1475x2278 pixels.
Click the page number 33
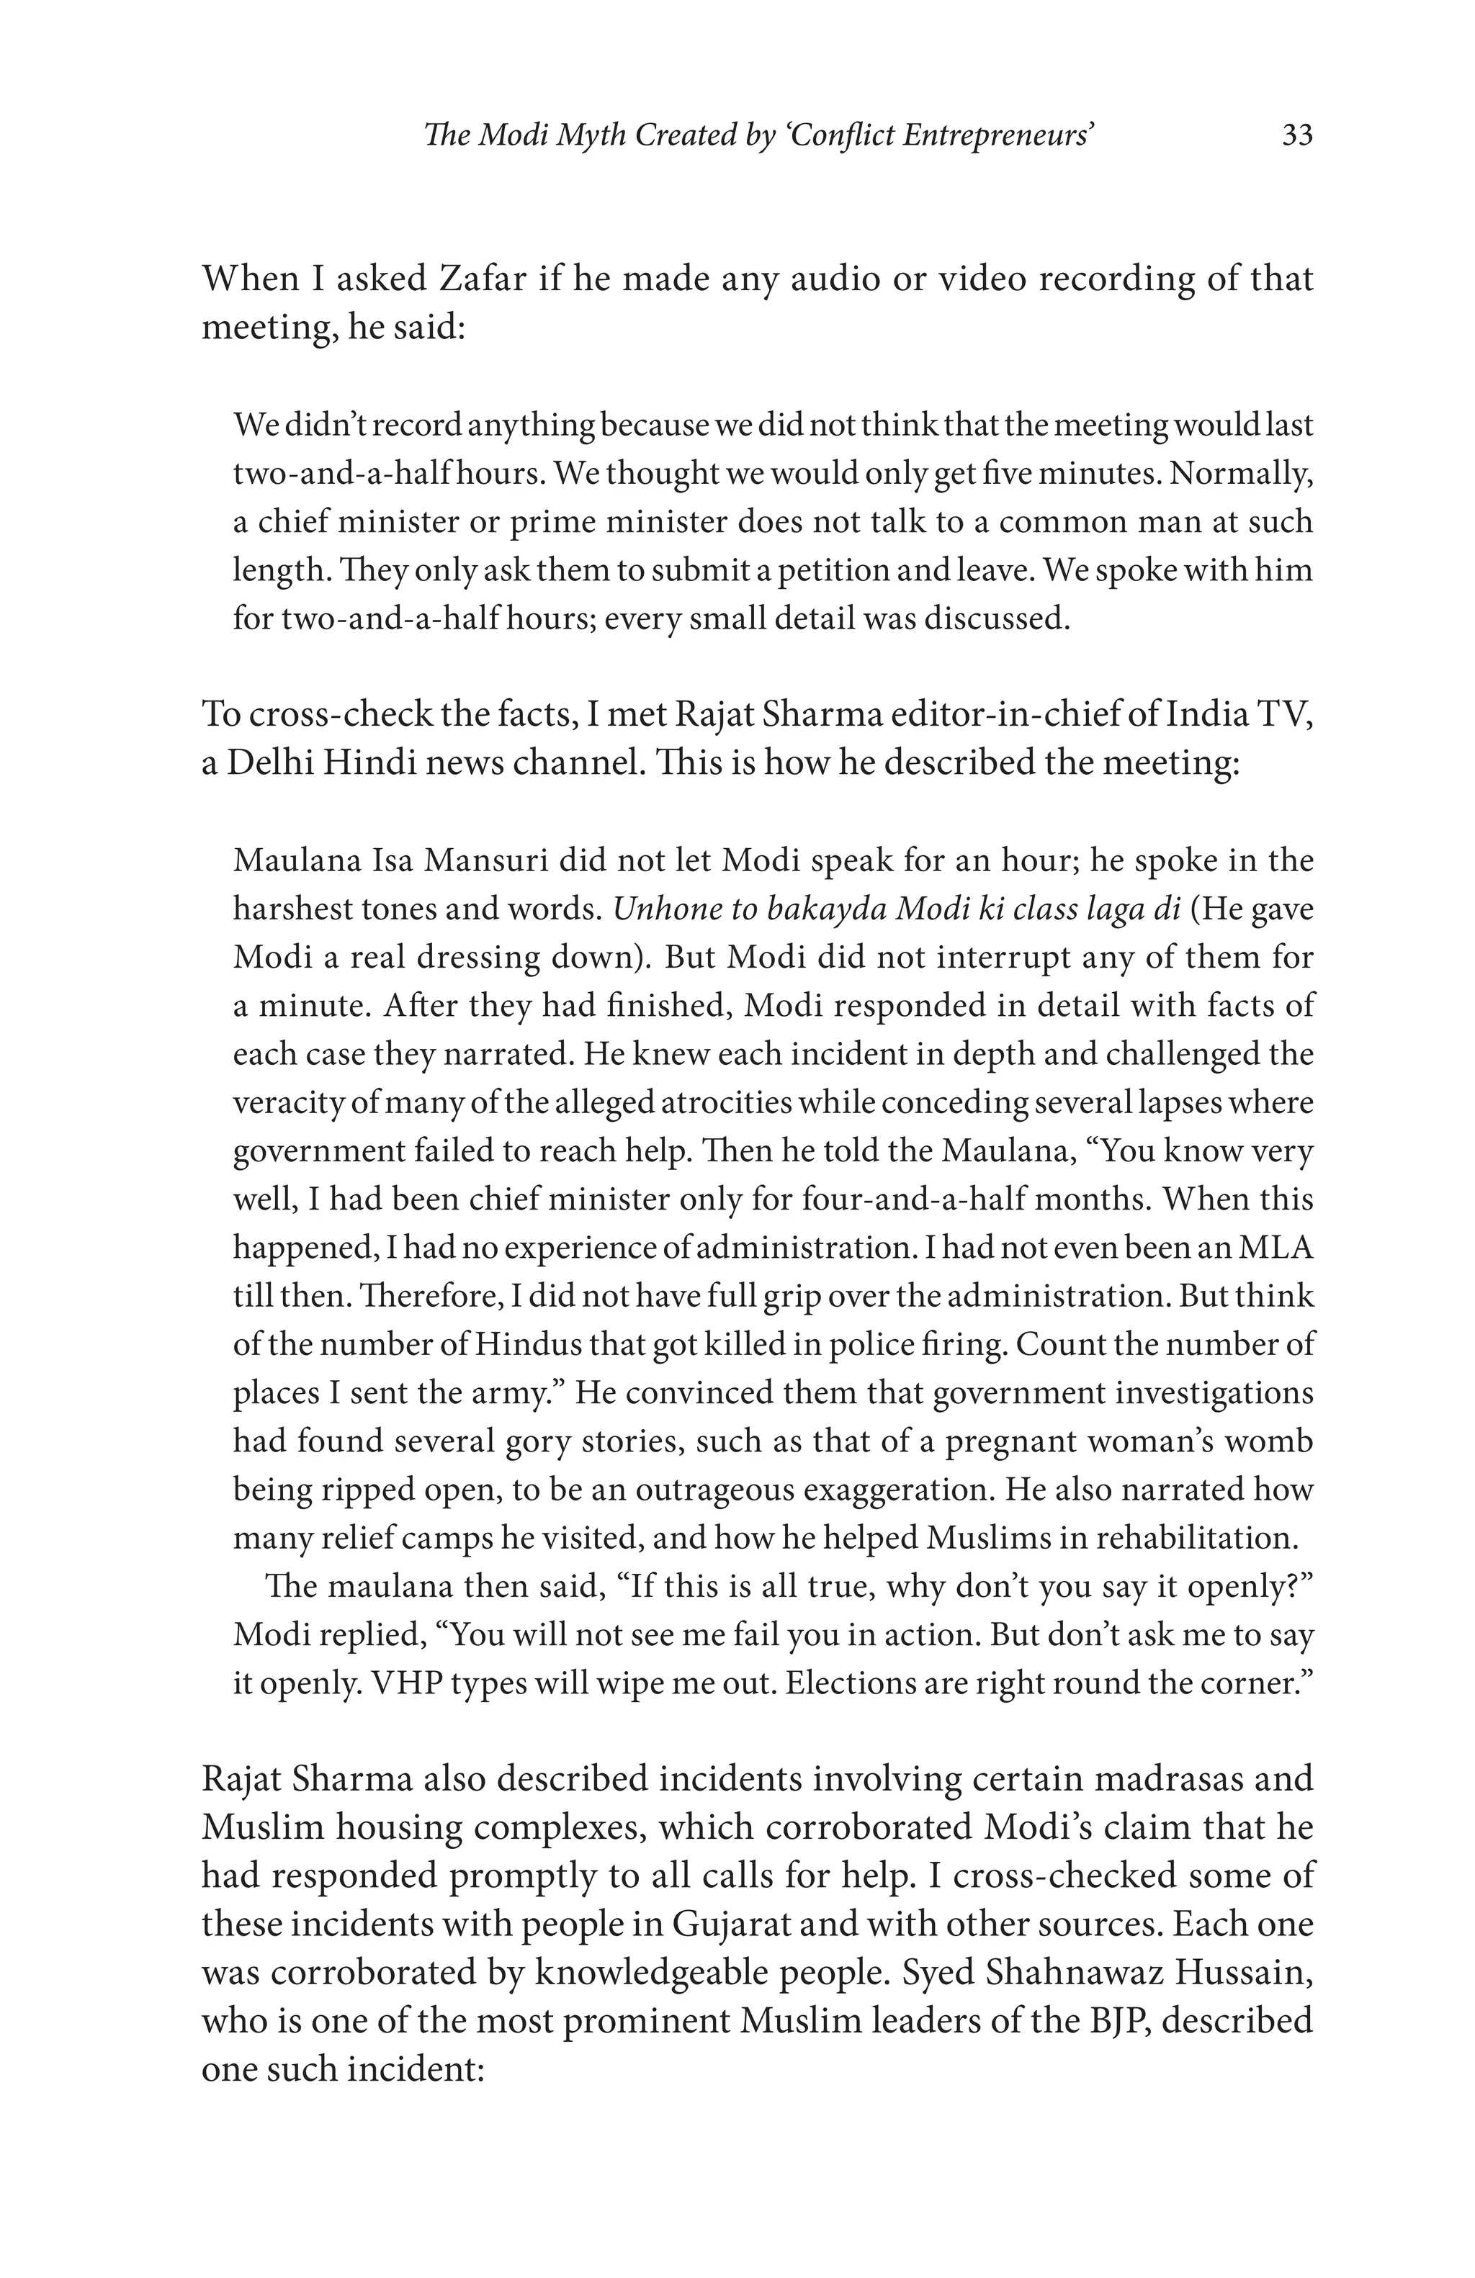click(1297, 136)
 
